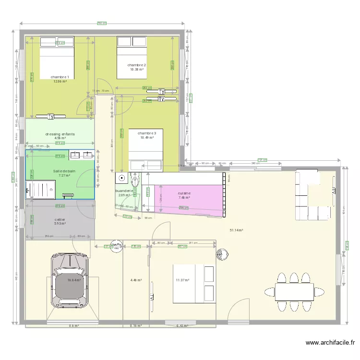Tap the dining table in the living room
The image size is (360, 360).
pyautogui.click(x=294, y=291)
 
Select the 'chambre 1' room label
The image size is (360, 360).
pyautogui.click(x=60, y=77)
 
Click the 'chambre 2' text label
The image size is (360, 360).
pyautogui.click(x=137, y=65)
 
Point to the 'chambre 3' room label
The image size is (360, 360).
pyautogui.click(x=147, y=133)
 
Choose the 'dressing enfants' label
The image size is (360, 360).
pyautogui.click(x=60, y=134)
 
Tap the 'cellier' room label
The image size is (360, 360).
pyautogui.click(x=60, y=219)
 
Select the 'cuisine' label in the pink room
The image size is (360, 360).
pyautogui.click(x=184, y=193)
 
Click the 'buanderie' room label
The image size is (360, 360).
pyautogui.click(x=124, y=191)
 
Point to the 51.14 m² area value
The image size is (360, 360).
pyautogui.click(x=236, y=230)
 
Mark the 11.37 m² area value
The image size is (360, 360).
pyautogui.click(x=182, y=280)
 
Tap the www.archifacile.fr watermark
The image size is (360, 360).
pyautogui.click(x=331, y=343)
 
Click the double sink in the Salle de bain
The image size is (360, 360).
pyautogui.click(x=81, y=155)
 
